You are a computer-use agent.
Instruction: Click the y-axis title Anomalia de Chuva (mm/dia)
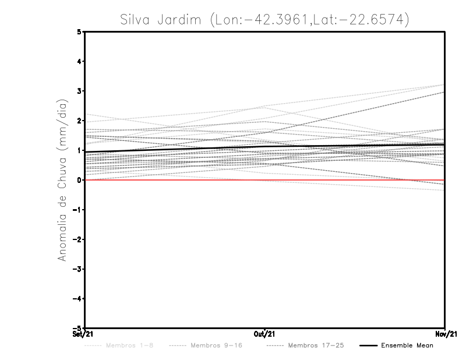pyautogui.click(x=62, y=179)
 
